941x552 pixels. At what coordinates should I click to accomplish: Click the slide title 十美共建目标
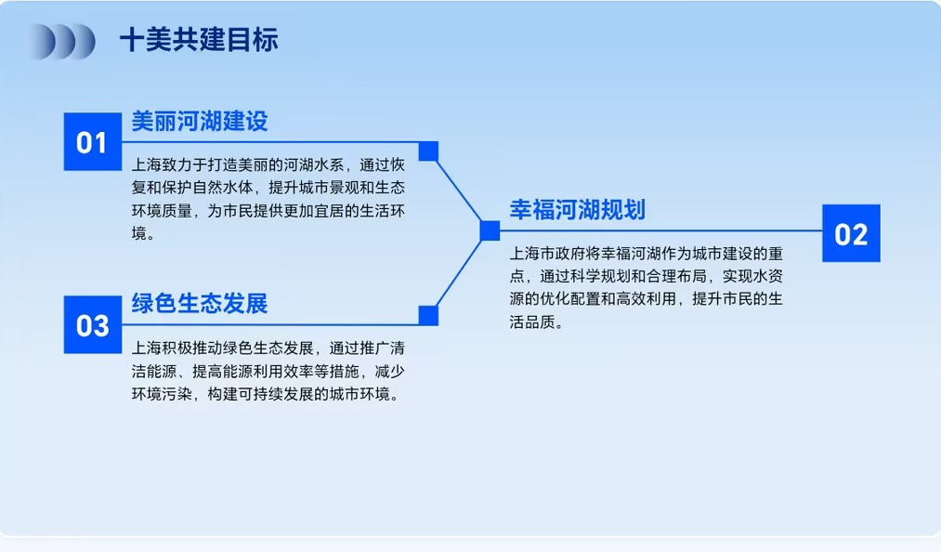(199, 40)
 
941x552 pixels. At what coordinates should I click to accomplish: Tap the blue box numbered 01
(92, 142)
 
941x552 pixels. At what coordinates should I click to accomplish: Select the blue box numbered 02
(851, 233)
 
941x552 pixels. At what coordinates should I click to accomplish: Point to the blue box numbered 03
(92, 324)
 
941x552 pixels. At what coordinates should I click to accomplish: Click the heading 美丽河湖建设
(199, 122)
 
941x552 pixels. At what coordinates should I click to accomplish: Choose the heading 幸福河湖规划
(577, 210)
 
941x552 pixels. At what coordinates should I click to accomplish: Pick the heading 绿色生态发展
(199, 304)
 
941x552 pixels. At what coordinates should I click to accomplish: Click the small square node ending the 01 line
(428, 151)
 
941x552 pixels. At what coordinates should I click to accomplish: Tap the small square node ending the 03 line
(428, 316)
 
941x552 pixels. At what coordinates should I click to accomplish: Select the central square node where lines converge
(490, 230)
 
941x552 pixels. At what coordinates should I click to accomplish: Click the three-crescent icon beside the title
(61, 42)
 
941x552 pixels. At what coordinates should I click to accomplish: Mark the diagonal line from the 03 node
(460, 273)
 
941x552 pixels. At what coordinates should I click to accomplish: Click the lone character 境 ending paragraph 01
(139, 233)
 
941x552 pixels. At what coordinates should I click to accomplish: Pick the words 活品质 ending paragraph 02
(532, 322)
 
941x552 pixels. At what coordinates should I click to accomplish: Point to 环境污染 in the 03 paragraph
(162, 394)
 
